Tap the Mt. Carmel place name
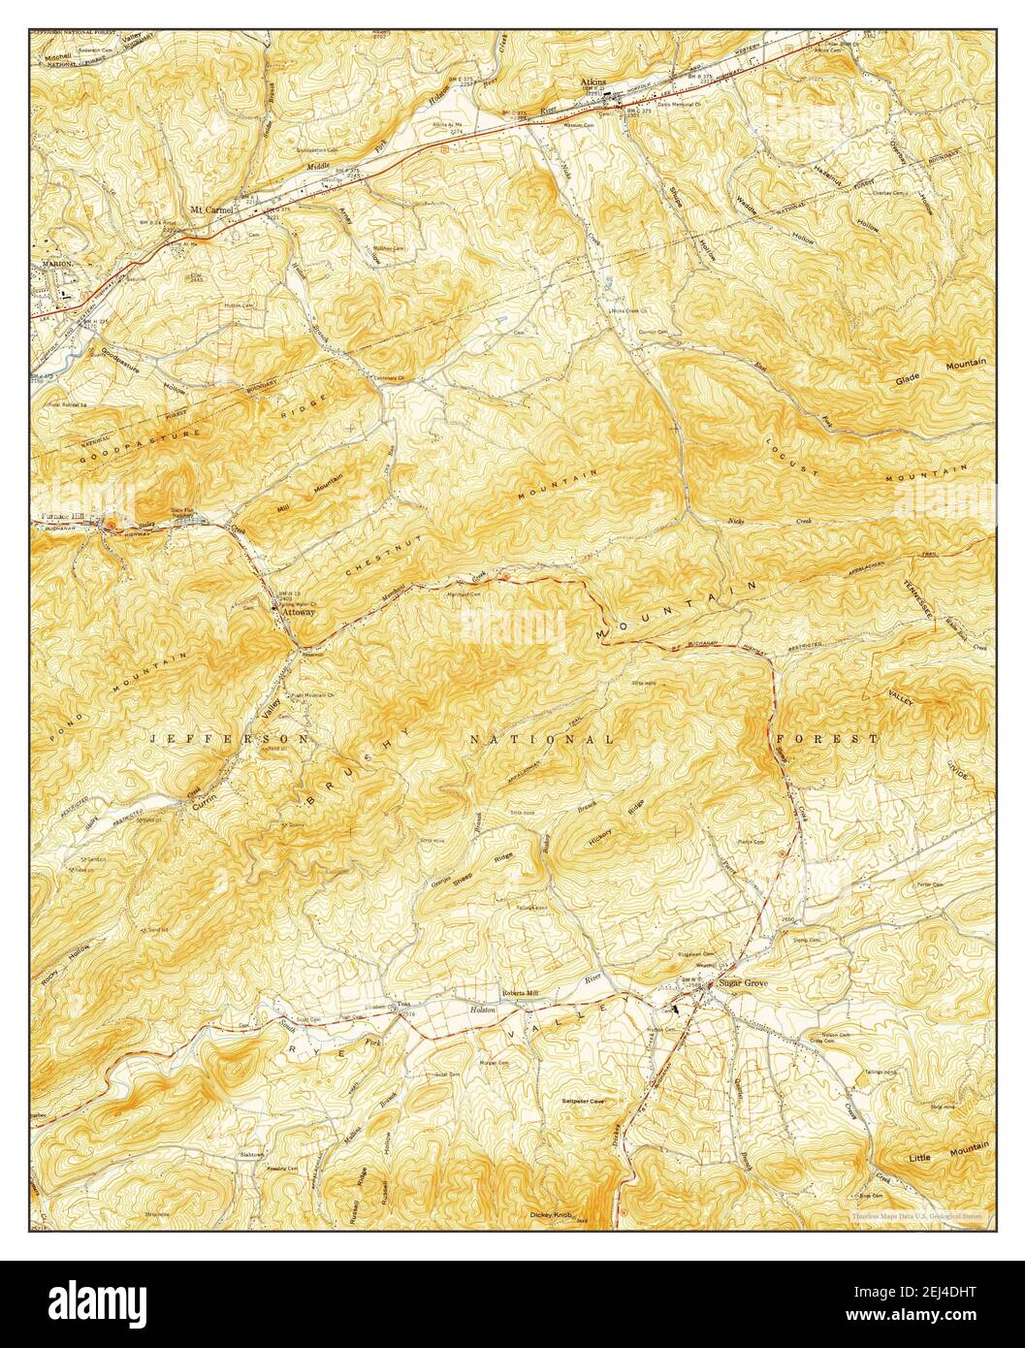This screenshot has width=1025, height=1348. click(x=212, y=209)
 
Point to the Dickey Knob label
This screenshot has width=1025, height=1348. click(x=554, y=1214)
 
